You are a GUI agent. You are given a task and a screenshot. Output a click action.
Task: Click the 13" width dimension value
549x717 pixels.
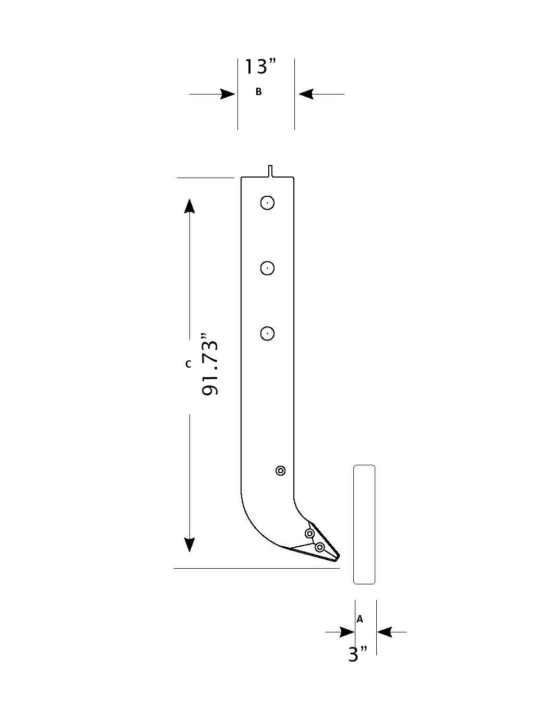pos(260,66)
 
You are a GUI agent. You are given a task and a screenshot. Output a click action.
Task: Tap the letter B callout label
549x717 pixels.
pos(258,92)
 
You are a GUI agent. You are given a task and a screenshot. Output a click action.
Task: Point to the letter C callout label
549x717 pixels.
pos(188,364)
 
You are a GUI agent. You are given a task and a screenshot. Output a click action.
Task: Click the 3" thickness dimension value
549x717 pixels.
pos(357,654)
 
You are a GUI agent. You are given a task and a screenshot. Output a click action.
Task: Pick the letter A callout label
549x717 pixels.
pos(360,619)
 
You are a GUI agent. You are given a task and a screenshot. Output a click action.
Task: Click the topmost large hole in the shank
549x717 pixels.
pos(267,203)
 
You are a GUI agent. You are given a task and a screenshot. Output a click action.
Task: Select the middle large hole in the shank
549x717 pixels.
pos(267,268)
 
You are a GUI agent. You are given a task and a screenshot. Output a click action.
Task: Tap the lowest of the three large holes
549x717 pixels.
pos(267,333)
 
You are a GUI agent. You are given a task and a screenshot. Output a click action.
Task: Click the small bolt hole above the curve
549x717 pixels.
pos(280,471)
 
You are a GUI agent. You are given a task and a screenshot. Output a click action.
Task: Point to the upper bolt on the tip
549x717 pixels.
pos(309,533)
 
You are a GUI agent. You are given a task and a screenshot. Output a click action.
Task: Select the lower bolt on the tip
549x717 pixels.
pos(320,547)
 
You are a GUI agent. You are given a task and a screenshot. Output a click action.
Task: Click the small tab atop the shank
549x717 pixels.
pos(270,171)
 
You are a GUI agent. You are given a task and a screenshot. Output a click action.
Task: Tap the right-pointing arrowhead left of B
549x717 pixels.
pos(228,94)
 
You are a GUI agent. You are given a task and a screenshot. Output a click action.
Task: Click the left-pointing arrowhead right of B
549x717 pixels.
pos(306,94)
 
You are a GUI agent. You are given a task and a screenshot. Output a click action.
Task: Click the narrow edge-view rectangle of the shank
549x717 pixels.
pos(364,524)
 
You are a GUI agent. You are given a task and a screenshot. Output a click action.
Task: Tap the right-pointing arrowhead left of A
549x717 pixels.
pos(347,632)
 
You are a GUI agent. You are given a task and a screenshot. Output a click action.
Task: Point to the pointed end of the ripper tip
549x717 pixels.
pos(338,558)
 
